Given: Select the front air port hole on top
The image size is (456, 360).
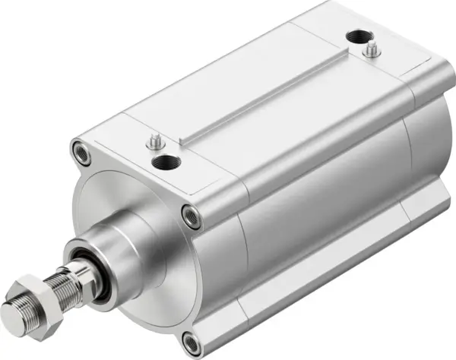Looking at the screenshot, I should point(165,162).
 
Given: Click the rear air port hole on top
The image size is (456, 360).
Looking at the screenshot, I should point(355,37).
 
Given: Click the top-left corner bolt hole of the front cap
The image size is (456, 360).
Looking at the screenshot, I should point(78,146).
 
